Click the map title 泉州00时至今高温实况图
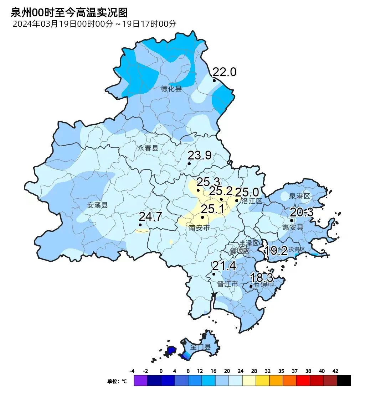(69, 13)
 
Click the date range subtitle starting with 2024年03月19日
(94, 24)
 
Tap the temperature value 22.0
(225, 72)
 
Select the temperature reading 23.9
(200, 156)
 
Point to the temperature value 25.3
(209, 182)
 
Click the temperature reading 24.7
(150, 216)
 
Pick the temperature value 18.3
(262, 278)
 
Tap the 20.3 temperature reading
(302, 213)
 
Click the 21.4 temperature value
(224, 266)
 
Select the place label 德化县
(171, 89)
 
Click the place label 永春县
(148, 148)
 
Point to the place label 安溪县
(97, 205)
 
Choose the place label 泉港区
(300, 196)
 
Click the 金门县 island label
(200, 347)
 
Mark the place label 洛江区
(252, 201)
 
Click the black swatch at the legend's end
(344, 381)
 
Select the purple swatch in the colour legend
(140, 381)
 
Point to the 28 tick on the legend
(254, 371)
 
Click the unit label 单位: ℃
(117, 381)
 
